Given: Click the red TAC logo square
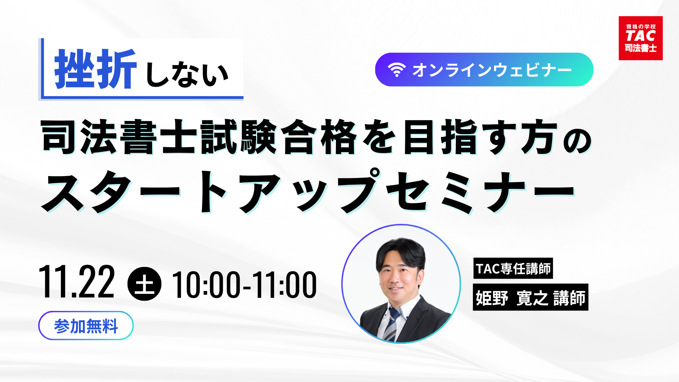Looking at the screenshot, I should pyautogui.click(x=640, y=38).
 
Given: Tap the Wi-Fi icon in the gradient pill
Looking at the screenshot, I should pyautogui.click(x=396, y=70).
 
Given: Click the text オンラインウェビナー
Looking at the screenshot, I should pyautogui.click(x=492, y=70).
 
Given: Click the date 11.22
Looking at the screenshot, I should pyautogui.click(x=77, y=282).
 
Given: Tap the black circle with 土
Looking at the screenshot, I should pyautogui.click(x=144, y=284).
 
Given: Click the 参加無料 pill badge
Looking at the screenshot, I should pyautogui.click(x=86, y=326).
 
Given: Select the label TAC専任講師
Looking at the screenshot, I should pyautogui.click(x=513, y=268).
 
